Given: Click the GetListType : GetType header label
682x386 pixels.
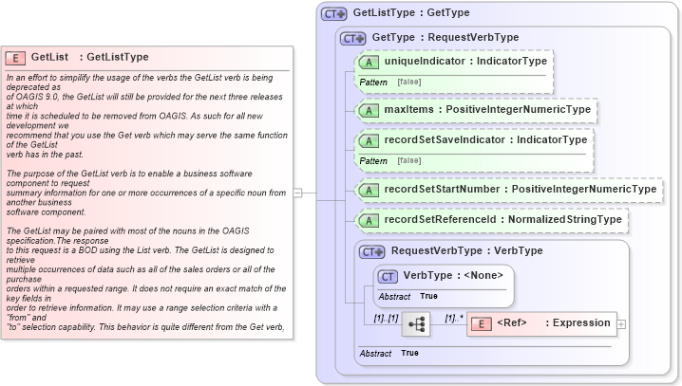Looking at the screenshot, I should [410, 14].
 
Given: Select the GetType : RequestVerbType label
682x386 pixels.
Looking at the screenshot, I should [445, 38].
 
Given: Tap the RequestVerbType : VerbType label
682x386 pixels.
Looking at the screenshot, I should [466, 251].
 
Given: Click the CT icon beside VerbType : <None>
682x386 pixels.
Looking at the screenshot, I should [388, 276].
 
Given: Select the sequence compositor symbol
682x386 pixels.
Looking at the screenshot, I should [416, 323].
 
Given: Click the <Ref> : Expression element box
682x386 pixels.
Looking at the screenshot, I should [541, 323].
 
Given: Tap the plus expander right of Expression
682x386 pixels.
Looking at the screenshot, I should [622, 324].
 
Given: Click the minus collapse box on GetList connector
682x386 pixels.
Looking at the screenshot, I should [297, 193].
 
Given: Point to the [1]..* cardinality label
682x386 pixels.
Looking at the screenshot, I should [456, 319].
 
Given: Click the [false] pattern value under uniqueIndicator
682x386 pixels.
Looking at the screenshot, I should [410, 83].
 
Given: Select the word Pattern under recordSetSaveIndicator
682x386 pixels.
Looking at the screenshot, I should [373, 161].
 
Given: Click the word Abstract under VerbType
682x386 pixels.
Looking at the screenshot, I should [394, 297].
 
